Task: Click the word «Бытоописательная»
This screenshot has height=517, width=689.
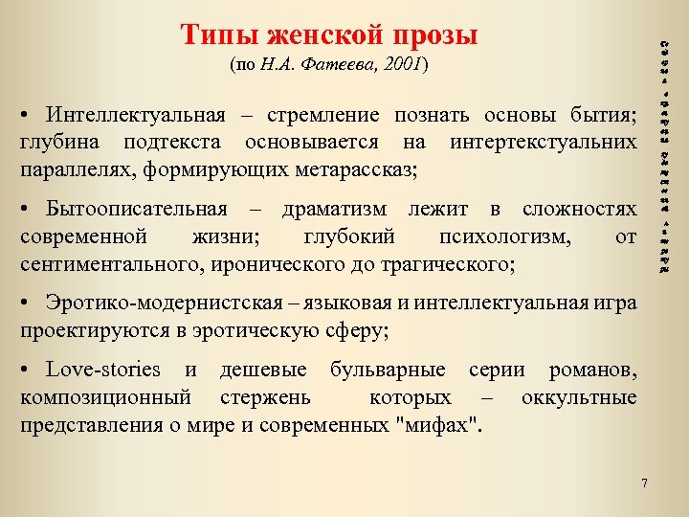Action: coord(136,209)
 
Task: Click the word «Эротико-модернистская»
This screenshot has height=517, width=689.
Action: coord(164,304)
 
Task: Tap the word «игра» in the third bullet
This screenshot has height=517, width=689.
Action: coord(612,304)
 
